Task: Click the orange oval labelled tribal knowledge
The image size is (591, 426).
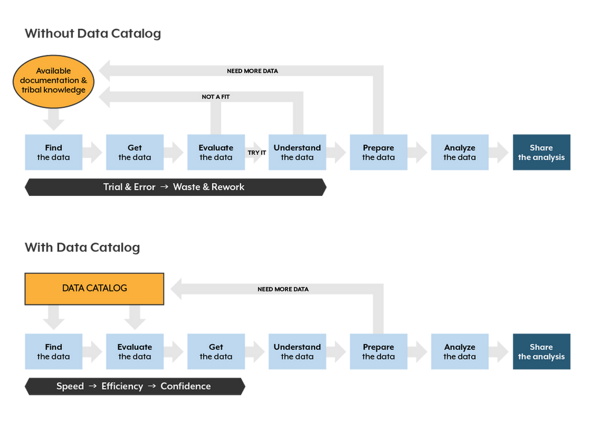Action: pyautogui.click(x=53, y=80)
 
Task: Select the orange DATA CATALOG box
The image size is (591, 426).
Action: pyautogui.click(x=95, y=289)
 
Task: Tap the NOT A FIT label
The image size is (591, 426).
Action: pyautogui.click(x=215, y=96)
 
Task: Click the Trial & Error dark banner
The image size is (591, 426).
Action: pyautogui.click(x=175, y=187)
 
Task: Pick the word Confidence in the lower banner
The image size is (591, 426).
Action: pyautogui.click(x=186, y=386)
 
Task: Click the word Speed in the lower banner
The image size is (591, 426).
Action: pyautogui.click(x=70, y=386)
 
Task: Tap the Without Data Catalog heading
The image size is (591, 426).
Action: pyautogui.click(x=92, y=34)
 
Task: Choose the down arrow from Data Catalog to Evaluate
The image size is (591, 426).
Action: pyautogui.click(x=135, y=321)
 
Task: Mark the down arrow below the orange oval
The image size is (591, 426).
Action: pyautogui.click(x=54, y=122)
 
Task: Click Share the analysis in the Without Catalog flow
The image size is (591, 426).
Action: pyautogui.click(x=541, y=152)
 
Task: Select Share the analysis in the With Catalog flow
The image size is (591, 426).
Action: pyautogui.click(x=541, y=352)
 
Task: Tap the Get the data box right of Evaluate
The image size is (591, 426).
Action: pyautogui.click(x=216, y=352)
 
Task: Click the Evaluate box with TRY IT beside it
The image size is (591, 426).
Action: pyautogui.click(x=216, y=152)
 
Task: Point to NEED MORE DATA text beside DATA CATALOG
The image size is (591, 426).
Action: pyautogui.click(x=282, y=290)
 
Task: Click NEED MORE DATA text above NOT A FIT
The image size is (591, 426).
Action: pyautogui.click(x=252, y=71)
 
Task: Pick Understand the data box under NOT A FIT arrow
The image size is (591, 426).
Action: pyautogui.click(x=297, y=152)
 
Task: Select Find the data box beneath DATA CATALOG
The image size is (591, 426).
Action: pyautogui.click(x=53, y=352)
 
